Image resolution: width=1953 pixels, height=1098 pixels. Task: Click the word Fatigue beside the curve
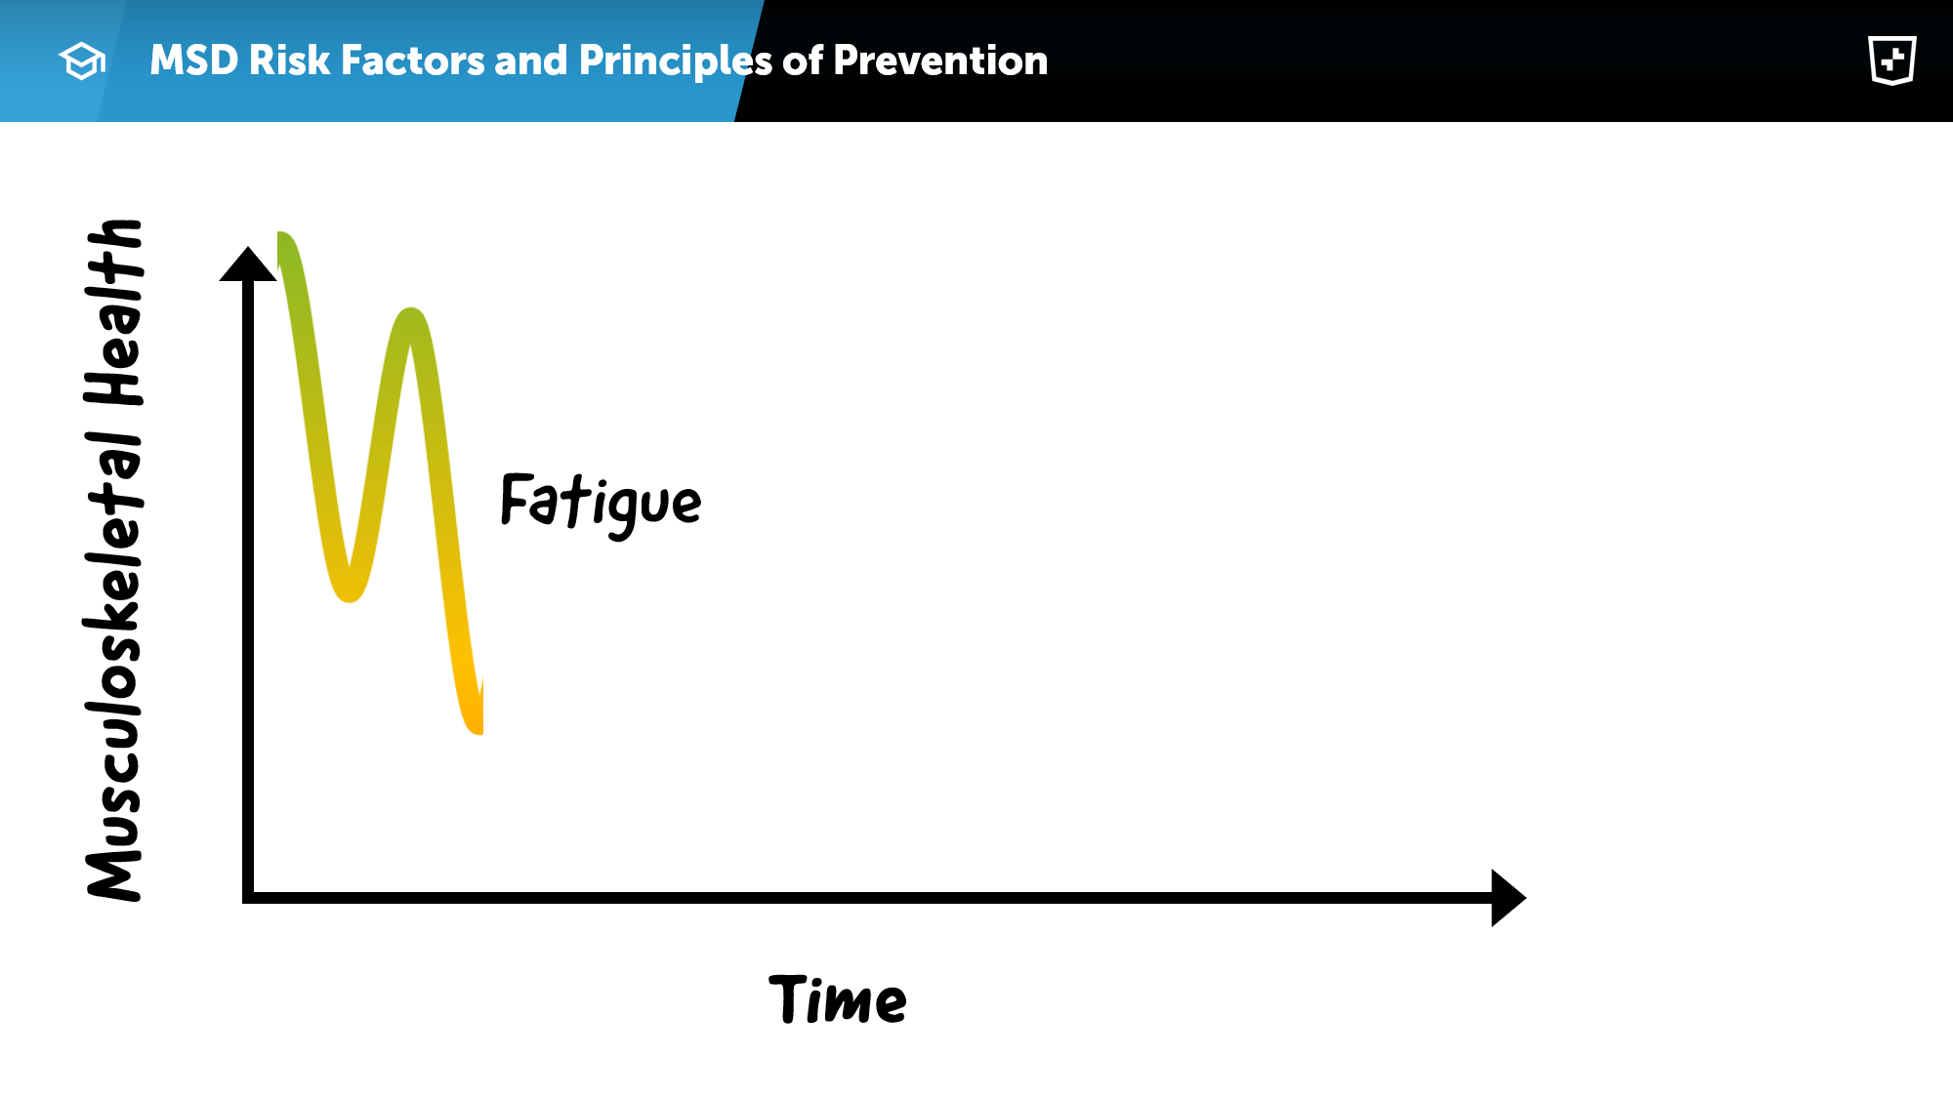[601, 504]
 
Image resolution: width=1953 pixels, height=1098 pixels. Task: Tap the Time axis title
[838, 999]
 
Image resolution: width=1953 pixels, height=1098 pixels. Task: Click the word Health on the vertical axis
[114, 312]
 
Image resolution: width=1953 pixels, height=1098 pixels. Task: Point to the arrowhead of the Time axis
[1508, 897]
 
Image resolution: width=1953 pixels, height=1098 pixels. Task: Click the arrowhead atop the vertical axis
[248, 264]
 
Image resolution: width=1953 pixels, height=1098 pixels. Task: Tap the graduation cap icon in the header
[82, 61]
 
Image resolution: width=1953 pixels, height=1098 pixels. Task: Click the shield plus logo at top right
[1892, 61]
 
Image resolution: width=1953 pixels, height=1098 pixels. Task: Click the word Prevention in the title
[940, 61]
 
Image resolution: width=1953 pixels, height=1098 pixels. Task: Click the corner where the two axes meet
[248, 897]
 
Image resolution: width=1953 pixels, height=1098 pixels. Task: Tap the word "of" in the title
[803, 61]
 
